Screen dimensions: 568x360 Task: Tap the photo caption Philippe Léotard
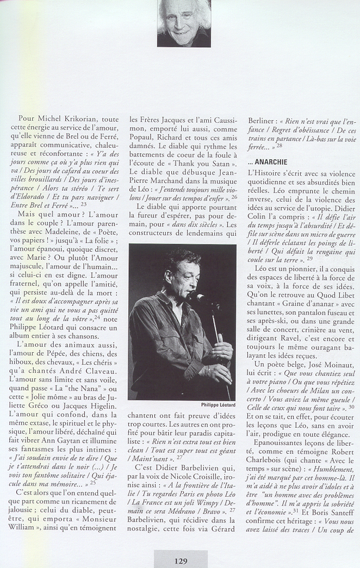218,404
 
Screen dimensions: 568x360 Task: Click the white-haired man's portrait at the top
184,23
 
